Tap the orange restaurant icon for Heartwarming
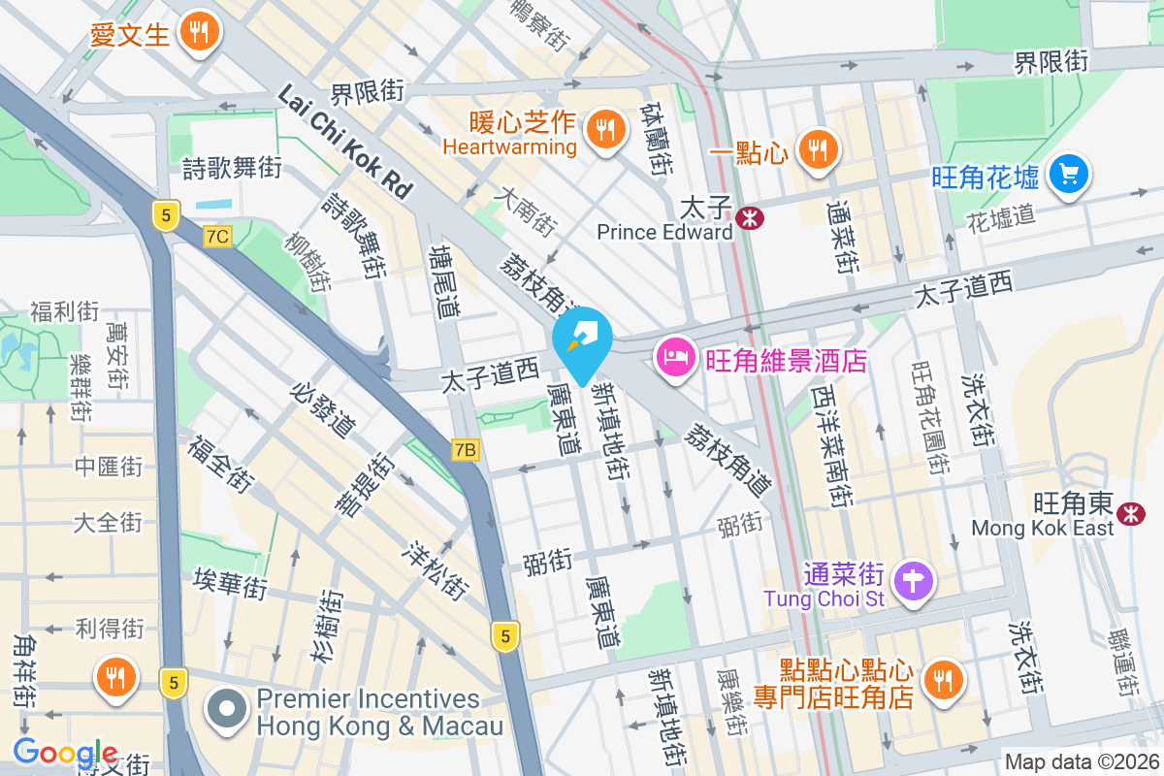coord(606,127)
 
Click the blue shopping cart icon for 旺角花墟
coord(1069,175)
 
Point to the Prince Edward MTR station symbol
coord(749,218)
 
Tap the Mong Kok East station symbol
coord(1129,514)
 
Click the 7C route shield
coord(217,236)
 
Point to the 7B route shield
coord(466,450)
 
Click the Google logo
coord(65,753)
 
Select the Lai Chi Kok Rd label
coord(345,140)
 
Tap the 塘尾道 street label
coord(445,281)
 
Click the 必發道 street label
coord(323,406)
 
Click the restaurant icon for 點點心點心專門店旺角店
coord(940,678)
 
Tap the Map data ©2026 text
coord(1081,762)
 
